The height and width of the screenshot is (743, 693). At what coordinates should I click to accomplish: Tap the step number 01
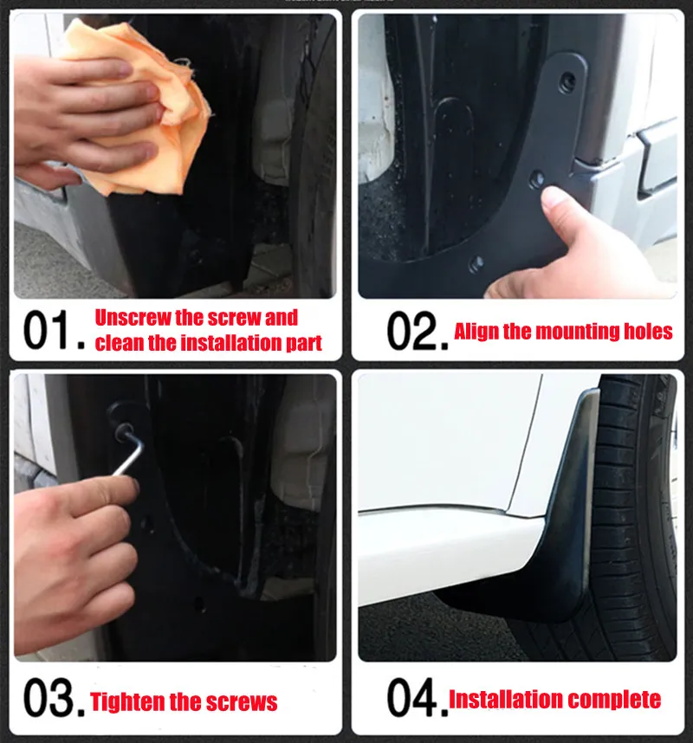(x=54, y=330)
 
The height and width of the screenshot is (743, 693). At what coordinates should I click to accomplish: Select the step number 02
(x=418, y=331)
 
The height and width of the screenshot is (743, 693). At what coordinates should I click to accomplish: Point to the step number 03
(x=54, y=697)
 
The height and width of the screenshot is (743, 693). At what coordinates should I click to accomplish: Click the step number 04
(x=418, y=697)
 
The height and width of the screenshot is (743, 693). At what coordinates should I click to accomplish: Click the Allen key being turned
(x=129, y=449)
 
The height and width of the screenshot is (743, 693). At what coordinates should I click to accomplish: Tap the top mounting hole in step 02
(x=567, y=82)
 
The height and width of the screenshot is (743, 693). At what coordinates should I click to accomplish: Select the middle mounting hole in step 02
(x=536, y=178)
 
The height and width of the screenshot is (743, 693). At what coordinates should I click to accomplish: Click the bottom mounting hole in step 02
(x=476, y=264)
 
